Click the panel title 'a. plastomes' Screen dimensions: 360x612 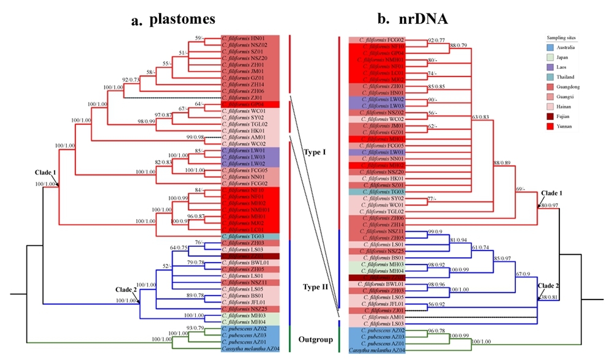click(173, 19)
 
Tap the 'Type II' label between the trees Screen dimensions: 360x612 click(315, 286)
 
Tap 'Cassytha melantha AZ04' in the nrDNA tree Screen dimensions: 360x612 click(375, 350)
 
